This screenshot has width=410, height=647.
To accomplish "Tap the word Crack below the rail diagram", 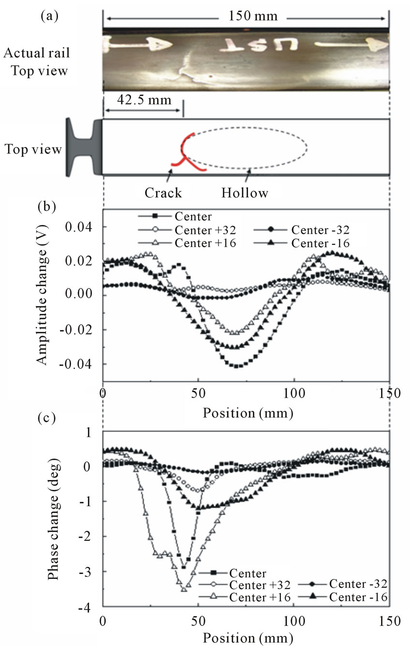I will point(163,193).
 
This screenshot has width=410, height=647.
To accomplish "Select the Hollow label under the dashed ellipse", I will point(245,193).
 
